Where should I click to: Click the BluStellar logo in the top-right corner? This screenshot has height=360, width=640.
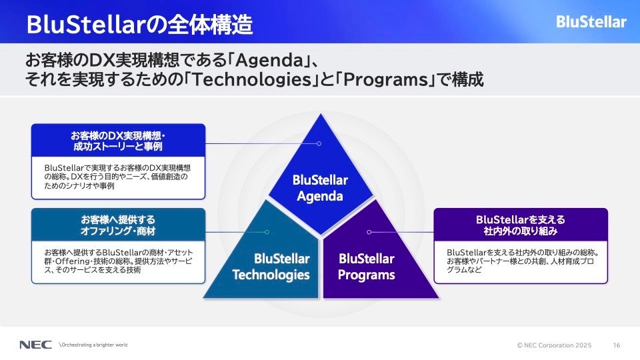pos(591,21)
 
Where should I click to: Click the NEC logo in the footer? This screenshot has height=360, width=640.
pos(35,345)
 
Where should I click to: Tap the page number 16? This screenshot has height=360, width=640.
pos(616,345)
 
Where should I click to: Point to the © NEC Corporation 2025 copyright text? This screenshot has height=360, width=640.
pos(554,345)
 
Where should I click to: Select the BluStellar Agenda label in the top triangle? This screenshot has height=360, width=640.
pos(321,188)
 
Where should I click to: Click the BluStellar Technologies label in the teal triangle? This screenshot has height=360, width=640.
pos(271,267)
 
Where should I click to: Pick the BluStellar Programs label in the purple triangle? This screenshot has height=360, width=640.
pos(367,267)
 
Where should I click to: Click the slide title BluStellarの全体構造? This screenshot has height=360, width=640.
pos(139,24)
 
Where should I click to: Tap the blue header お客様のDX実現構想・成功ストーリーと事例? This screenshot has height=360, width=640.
pos(118,141)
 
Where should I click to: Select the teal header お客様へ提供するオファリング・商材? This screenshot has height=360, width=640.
pos(118,225)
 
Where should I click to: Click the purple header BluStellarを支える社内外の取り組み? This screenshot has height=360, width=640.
pos(521,225)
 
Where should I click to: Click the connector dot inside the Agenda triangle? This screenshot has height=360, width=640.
pos(319,144)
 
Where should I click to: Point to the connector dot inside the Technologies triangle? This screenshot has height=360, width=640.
pos(267,232)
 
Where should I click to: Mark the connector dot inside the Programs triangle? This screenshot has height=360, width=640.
pos(369,232)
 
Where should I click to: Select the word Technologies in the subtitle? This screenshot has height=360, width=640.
pos(252,79)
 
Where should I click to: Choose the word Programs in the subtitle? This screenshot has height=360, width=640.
pos(385,79)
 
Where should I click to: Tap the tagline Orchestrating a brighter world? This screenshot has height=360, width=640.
pos(93,345)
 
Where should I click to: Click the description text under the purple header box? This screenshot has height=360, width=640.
pos(523,261)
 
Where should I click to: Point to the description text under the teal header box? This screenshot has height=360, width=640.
pos(119,261)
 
